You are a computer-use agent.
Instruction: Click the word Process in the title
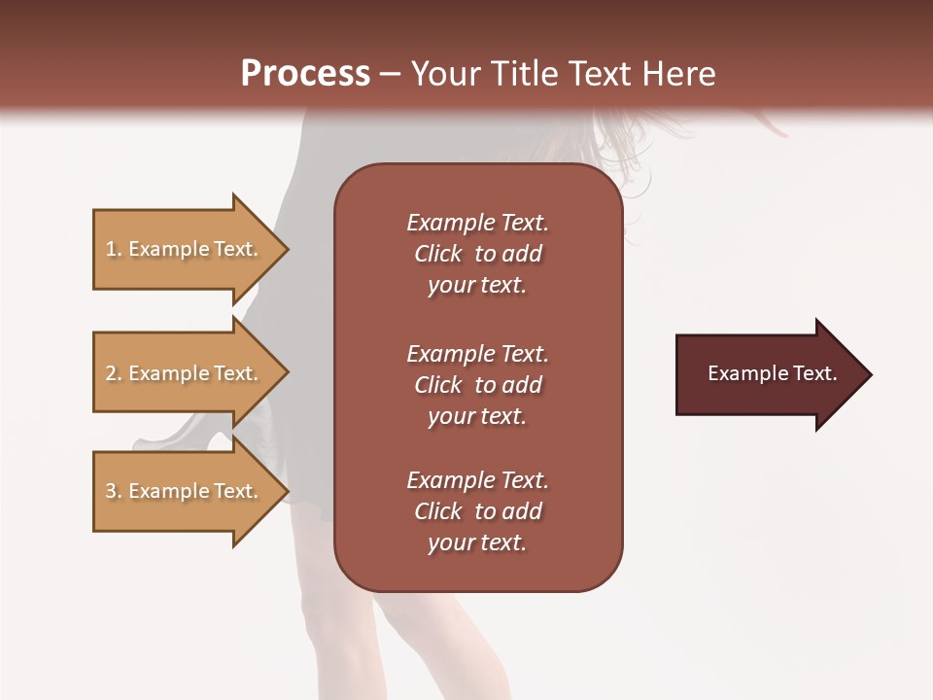point(305,74)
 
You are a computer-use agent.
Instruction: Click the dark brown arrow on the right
point(768,374)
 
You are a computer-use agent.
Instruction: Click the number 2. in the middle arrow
point(114,373)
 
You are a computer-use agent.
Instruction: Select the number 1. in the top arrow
point(114,249)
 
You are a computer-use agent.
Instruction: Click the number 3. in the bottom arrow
point(114,491)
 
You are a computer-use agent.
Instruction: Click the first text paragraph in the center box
point(477,254)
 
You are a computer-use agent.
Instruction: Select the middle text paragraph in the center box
point(477,385)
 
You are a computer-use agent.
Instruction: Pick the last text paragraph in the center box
point(477,511)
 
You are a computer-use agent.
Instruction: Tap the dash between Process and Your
point(390,74)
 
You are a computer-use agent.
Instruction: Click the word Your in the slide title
point(443,74)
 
